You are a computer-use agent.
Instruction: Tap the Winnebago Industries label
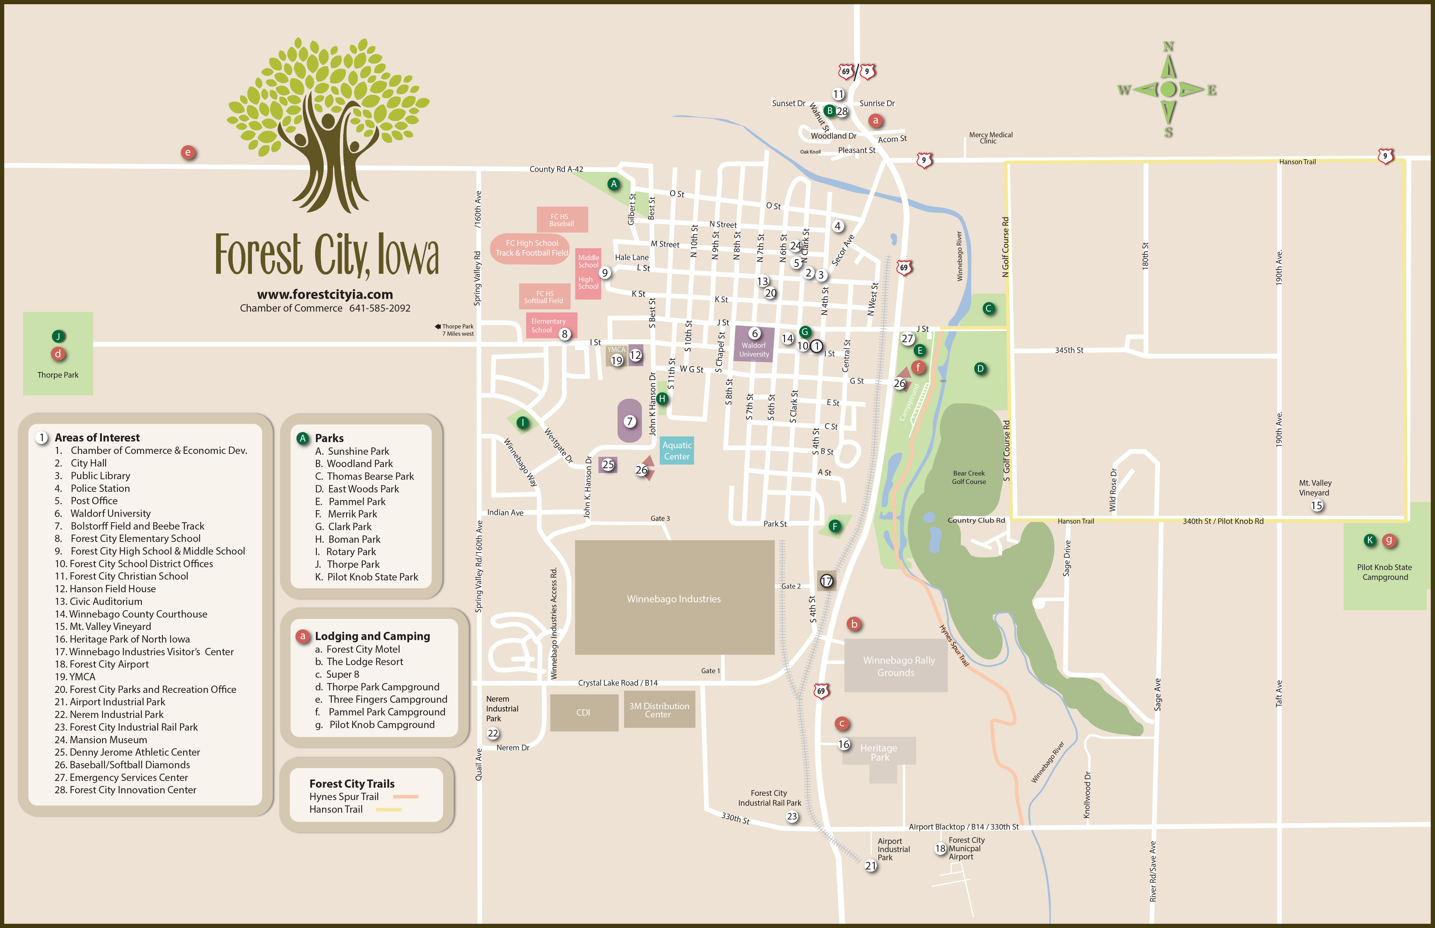point(674,598)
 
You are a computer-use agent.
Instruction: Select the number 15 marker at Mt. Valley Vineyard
point(1317,506)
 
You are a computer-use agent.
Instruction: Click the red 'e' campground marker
point(188,152)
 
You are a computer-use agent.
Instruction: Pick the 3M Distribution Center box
point(659,710)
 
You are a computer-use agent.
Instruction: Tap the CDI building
point(583,712)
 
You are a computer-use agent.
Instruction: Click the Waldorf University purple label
point(754,350)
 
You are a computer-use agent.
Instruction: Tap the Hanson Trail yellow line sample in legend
point(389,809)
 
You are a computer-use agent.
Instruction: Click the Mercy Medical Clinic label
point(991,138)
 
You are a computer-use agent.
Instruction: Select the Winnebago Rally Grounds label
point(898,666)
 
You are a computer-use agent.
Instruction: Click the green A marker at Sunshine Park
point(614,184)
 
